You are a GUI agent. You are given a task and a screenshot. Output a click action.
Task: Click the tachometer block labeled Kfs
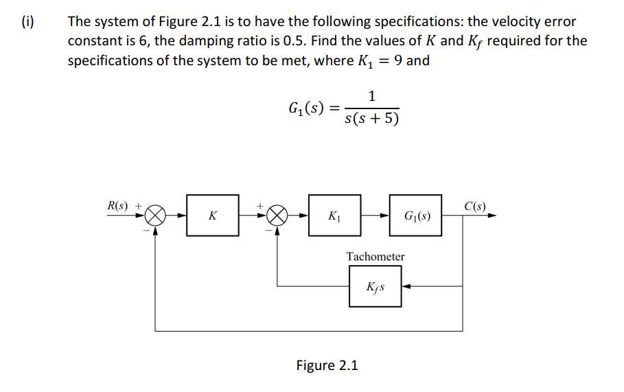pyautogui.click(x=375, y=286)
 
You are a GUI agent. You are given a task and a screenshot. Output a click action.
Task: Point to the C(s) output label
pyautogui.click(x=475, y=205)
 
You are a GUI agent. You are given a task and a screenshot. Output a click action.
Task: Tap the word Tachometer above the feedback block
pyautogui.click(x=375, y=256)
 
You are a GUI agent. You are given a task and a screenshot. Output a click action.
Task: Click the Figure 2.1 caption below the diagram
pyautogui.click(x=327, y=365)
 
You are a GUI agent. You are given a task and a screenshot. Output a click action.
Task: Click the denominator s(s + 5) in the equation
pyautogui.click(x=371, y=119)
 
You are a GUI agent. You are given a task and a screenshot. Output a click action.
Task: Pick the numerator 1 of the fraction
pyautogui.click(x=371, y=96)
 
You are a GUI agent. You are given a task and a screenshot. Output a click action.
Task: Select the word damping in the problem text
pyautogui.click(x=207, y=41)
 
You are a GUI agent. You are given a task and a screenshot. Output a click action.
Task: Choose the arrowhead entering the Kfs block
pyautogui.click(x=406, y=286)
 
